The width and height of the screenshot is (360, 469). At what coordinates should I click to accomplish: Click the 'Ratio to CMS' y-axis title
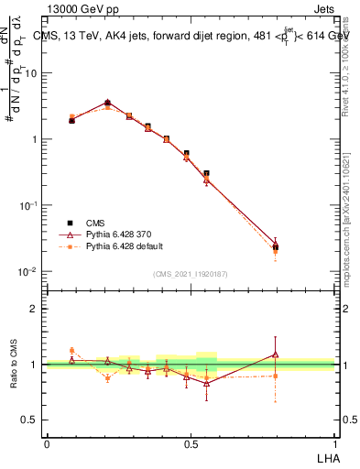click(x=14, y=365)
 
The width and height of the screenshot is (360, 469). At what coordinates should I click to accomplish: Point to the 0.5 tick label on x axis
click(x=191, y=442)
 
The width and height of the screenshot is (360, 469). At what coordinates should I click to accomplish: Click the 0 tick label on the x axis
click(x=47, y=442)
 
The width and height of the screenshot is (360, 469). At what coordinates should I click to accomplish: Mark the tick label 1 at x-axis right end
click(x=334, y=442)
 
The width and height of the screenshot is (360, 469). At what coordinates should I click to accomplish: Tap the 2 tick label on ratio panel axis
click(x=35, y=309)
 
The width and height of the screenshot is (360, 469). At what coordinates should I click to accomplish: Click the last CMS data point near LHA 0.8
click(x=276, y=247)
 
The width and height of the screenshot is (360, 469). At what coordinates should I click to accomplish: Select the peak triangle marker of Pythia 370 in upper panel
click(x=107, y=104)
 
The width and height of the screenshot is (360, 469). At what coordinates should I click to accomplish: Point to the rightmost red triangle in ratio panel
click(x=276, y=354)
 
